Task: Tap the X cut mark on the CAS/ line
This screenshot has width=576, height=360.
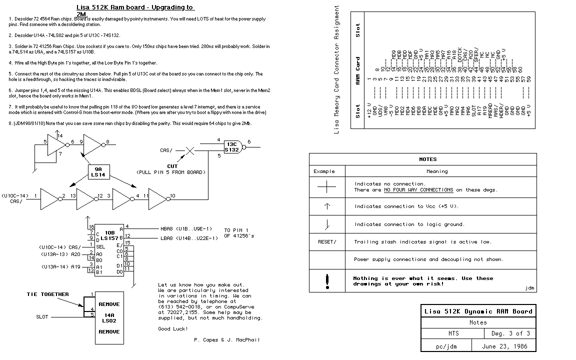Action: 190,149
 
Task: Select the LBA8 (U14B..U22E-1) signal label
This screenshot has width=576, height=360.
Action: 189,238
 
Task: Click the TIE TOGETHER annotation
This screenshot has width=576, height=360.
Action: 47,294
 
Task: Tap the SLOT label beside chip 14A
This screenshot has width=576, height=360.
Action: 42,316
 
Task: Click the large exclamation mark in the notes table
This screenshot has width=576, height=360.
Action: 327,281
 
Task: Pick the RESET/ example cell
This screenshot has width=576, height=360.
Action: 327,241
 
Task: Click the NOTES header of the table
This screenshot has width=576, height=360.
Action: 427,159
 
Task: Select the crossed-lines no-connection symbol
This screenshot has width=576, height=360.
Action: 327,187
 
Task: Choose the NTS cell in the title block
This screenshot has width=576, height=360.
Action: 452,333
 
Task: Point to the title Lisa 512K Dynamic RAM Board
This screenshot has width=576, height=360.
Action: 478,311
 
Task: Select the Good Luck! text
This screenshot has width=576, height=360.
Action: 173,328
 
